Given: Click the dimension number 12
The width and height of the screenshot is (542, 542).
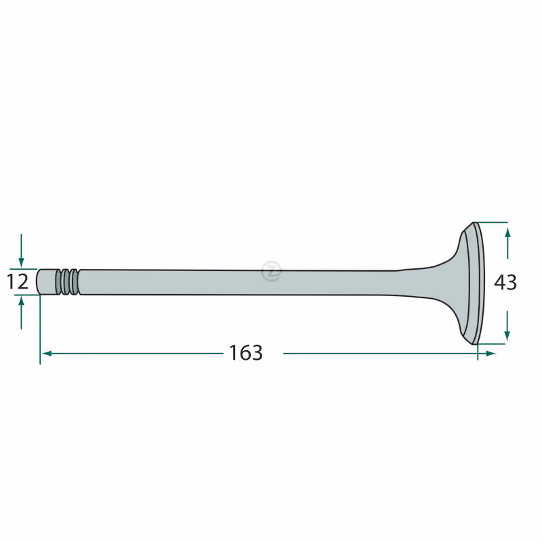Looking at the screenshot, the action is tap(18, 282).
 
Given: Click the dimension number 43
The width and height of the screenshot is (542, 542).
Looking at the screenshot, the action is tap(505, 283).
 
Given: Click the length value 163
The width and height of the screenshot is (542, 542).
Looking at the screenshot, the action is tap(246, 353).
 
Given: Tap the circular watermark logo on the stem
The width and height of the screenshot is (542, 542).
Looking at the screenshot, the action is tap(272, 272).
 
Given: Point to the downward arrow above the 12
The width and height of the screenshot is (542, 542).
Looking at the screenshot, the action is tap(22, 250).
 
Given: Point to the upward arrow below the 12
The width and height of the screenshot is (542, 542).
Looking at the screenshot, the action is tap(22, 313).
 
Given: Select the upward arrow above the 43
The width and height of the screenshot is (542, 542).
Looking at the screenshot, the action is tap(507, 243).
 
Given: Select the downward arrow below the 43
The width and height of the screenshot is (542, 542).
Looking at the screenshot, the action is tap(507, 326).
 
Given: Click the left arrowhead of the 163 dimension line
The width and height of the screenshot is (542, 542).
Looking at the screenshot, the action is tap(47, 353).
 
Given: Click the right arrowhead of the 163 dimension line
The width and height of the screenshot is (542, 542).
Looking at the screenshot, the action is tap(491, 353).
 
